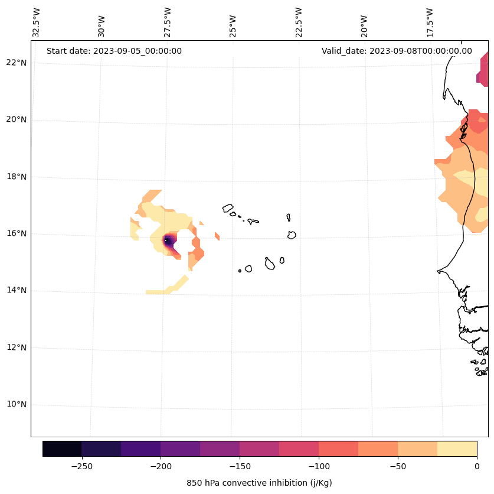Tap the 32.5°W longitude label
37,22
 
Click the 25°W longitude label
233,22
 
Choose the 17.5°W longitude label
429,22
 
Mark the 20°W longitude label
364,22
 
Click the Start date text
114,51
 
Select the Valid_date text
397,51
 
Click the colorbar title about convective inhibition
259,483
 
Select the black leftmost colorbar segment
62,448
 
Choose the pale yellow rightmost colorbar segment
457,448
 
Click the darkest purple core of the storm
167,240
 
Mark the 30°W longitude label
102,22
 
